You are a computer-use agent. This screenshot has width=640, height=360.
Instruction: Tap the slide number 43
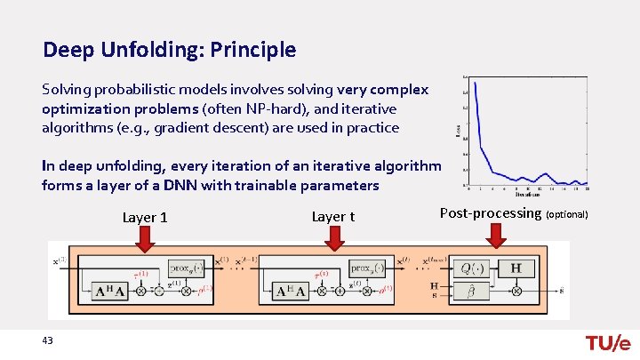tap(47, 341)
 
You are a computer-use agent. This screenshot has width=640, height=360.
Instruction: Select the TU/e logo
tap(608, 344)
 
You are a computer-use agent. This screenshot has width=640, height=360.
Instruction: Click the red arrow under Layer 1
tap(144, 236)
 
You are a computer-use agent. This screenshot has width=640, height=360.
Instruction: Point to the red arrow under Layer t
tap(333, 236)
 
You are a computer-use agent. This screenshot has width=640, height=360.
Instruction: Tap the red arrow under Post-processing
tap(496, 235)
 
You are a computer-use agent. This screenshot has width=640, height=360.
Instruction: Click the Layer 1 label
tap(145, 217)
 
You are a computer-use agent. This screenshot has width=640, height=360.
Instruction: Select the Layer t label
tap(333, 217)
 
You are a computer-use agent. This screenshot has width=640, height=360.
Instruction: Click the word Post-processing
tap(491, 213)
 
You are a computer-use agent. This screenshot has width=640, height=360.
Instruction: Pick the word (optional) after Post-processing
tap(566, 215)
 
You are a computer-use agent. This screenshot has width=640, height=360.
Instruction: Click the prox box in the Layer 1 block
tap(185, 267)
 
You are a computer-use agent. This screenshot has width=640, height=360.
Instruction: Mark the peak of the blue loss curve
tap(476, 83)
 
